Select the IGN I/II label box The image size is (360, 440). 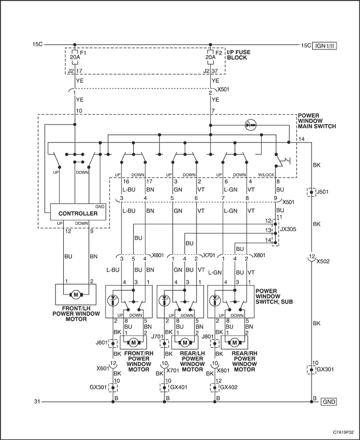(x=325, y=45)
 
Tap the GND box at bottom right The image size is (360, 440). (x=329, y=401)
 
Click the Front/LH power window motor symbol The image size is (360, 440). (x=76, y=295)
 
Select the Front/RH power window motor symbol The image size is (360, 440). (x=134, y=343)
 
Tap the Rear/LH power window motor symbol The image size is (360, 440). (x=185, y=343)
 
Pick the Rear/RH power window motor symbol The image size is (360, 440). (x=235, y=343)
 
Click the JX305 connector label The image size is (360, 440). (x=288, y=229)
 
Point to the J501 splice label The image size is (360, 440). (x=322, y=192)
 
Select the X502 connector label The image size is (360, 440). (x=323, y=261)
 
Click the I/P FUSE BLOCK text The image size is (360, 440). (x=239, y=55)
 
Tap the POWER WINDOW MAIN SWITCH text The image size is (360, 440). (x=317, y=121)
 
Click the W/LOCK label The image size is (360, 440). (x=266, y=175)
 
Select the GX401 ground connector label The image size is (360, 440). (x=179, y=387)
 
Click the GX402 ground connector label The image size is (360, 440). (x=229, y=387)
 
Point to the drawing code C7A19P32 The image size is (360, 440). (x=343, y=432)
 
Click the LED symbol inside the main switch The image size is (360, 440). (x=250, y=125)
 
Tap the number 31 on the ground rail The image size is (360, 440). (x=38, y=401)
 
